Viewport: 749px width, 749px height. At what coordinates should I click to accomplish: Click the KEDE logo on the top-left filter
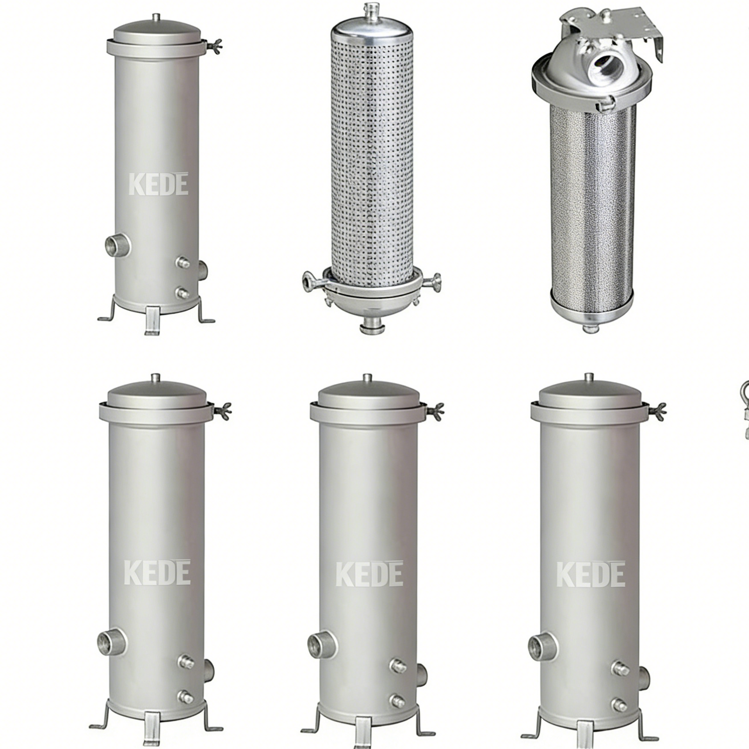point(158,184)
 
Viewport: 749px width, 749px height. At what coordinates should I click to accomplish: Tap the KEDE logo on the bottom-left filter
point(157,573)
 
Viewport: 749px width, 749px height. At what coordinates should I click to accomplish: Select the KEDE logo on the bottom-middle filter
point(369,574)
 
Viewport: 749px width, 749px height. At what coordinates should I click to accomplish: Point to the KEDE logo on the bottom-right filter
point(590,574)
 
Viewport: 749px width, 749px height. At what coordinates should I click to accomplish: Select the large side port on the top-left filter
point(117,244)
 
